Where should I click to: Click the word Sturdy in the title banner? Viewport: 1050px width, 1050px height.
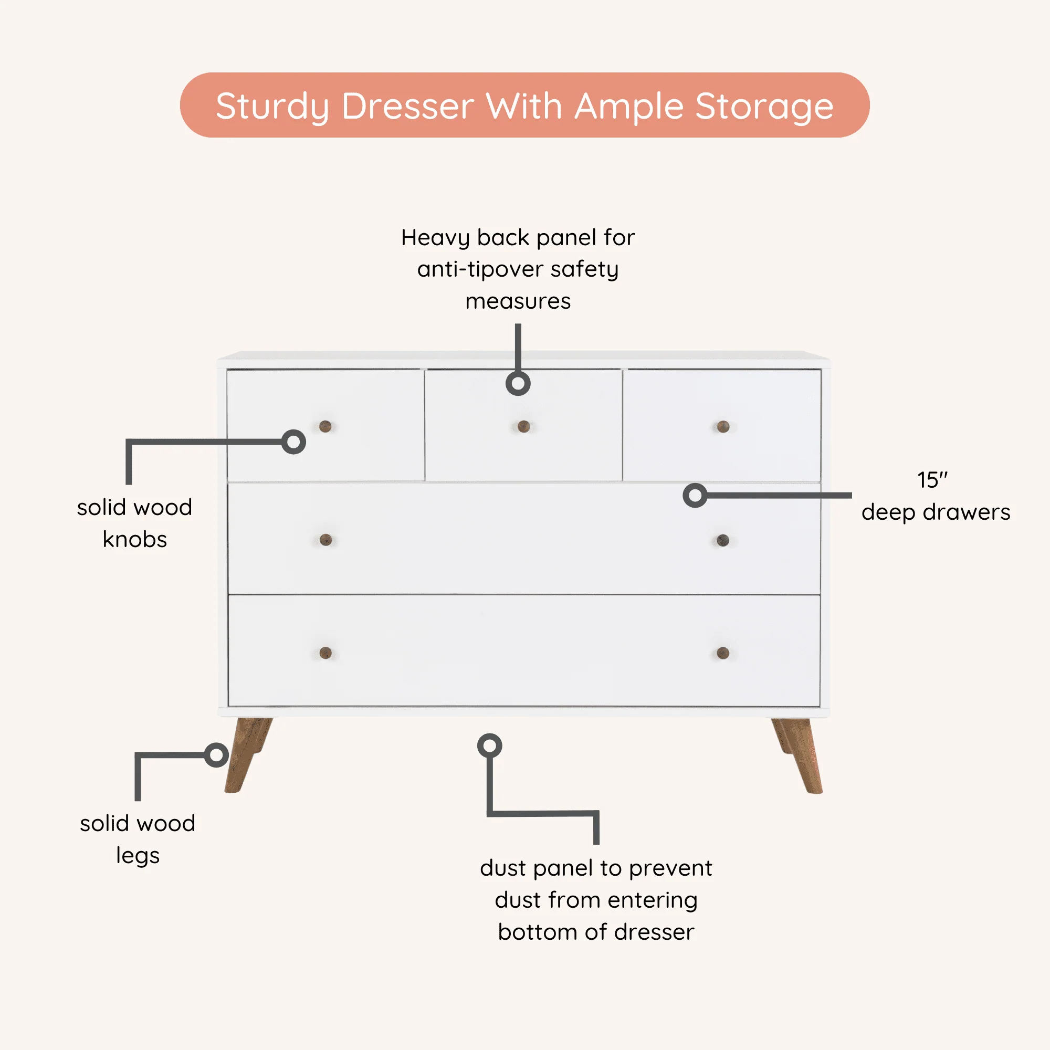[272, 106]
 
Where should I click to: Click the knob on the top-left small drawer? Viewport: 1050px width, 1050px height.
[325, 426]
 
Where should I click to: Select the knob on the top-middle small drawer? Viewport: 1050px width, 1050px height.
[523, 426]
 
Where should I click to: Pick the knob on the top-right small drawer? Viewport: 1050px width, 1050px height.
[723, 426]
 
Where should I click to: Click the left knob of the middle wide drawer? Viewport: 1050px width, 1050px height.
[325, 540]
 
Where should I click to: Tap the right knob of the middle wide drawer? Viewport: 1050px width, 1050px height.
[723, 540]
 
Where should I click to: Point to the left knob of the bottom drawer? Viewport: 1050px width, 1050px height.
[325, 653]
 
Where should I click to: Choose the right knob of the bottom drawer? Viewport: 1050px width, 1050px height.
[723, 653]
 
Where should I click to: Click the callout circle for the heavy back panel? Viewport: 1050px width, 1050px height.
[518, 384]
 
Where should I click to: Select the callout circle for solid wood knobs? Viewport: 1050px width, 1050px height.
[293, 442]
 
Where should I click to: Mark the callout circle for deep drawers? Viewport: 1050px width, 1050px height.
[695, 495]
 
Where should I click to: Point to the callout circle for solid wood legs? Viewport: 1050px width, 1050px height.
[216, 755]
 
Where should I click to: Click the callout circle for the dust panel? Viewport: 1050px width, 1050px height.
[489, 745]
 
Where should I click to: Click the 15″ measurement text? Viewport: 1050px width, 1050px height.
[931, 480]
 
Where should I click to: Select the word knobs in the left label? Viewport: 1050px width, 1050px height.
[135, 539]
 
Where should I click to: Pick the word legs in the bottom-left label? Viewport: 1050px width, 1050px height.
[138, 855]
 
